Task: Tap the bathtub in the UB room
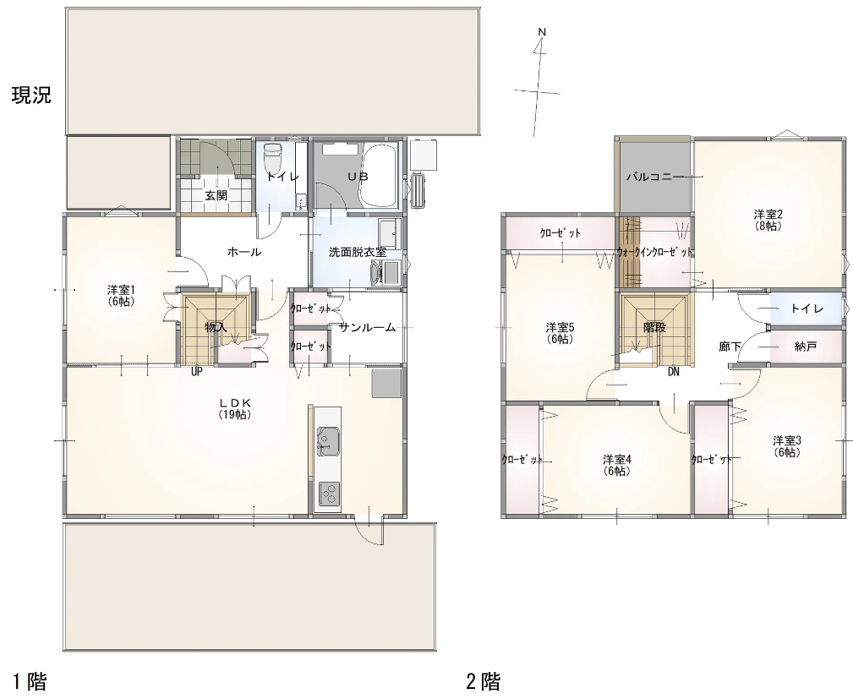point(378,175)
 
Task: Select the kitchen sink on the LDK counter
point(329,441)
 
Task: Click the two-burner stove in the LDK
point(329,494)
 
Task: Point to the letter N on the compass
point(541,33)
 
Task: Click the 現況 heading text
point(31,96)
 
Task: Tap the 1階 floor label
point(30,681)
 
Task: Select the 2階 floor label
point(483,681)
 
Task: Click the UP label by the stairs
point(197,372)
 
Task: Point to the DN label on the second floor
point(674,372)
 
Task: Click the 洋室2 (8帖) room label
point(768,219)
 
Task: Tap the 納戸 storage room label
point(805,346)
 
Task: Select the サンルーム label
point(367,327)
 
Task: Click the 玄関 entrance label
point(216,195)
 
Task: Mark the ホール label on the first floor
point(244,252)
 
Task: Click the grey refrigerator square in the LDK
point(386,383)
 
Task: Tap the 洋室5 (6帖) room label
point(560,333)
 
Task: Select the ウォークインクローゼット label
point(654,253)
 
